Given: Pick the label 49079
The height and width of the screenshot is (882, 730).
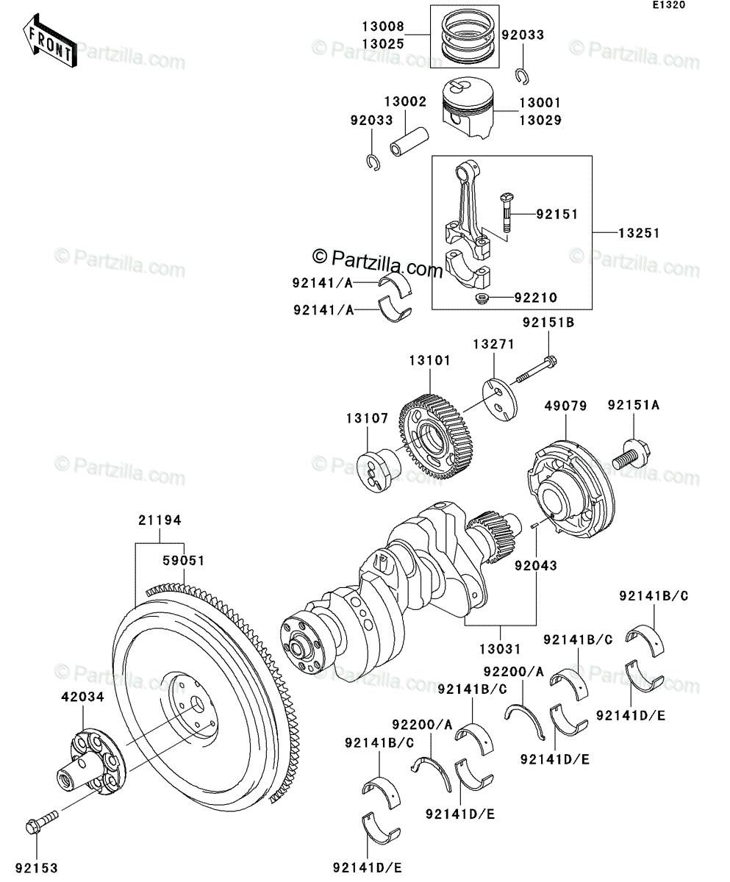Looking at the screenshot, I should coord(564,405).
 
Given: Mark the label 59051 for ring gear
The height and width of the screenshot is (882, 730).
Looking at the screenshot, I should coord(183,560).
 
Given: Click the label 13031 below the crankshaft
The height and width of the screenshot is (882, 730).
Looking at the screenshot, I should coord(501,649).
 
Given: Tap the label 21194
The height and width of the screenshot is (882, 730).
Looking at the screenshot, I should coord(159,520).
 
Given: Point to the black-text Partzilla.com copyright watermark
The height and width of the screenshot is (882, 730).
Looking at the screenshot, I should coord(378,260).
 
